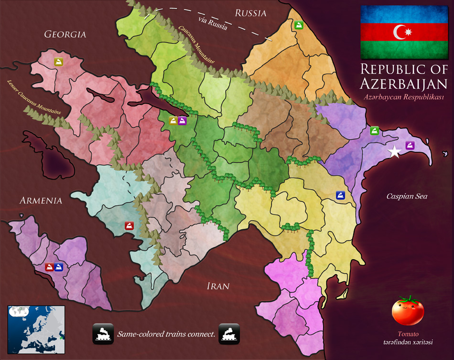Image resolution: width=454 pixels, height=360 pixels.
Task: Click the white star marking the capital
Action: pyautogui.click(x=394, y=152)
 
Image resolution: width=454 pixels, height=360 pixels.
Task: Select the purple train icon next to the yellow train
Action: pyautogui.click(x=183, y=121)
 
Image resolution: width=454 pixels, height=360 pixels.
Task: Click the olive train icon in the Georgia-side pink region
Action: pyautogui.click(x=58, y=62)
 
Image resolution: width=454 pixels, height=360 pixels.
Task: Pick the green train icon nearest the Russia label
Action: pyautogui.click(x=299, y=25)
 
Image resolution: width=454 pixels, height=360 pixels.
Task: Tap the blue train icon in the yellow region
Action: pyautogui.click(x=340, y=195)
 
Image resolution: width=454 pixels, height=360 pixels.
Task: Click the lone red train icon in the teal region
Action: pyautogui.click(x=129, y=226)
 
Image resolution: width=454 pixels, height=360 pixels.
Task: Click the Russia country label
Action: pyautogui.click(x=250, y=13)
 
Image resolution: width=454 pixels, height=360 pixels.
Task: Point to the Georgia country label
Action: pyautogui.click(x=65, y=34)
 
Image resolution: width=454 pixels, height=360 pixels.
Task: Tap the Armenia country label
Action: pyautogui.click(x=41, y=201)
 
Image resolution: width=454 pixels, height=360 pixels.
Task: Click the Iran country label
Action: pyautogui.click(x=218, y=286)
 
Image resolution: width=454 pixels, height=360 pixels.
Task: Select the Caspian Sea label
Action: pyautogui.click(x=407, y=196)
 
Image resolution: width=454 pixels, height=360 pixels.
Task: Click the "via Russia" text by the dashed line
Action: pyautogui.click(x=214, y=23)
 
